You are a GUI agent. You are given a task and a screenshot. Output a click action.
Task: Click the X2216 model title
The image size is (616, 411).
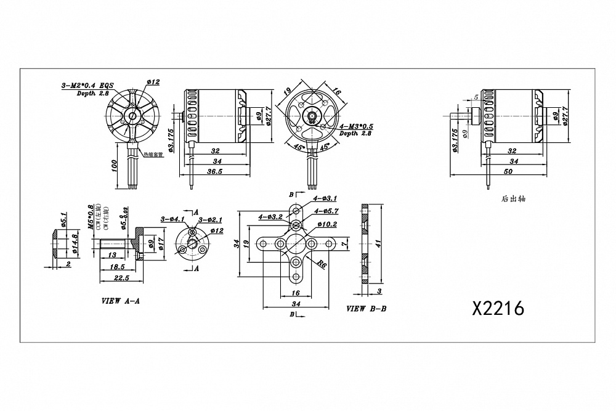pyautogui.click(x=498, y=308)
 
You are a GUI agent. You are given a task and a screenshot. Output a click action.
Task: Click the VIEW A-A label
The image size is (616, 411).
pyautogui.click(x=120, y=303)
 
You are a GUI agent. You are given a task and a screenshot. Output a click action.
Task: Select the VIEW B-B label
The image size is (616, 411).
pyautogui.click(x=367, y=308)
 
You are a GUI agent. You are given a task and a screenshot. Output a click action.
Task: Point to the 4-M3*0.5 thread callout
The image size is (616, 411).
pyautogui.click(x=357, y=126)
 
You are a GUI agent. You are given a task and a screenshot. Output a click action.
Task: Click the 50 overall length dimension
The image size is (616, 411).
pyautogui.click(x=508, y=172)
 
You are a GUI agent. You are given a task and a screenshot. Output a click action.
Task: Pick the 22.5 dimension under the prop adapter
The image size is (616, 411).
pyautogui.click(x=121, y=278)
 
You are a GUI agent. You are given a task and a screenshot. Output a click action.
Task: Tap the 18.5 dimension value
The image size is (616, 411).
pyautogui.click(x=116, y=266)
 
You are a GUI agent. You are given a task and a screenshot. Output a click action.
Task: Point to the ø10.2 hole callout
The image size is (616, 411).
pyautogui.click(x=326, y=224)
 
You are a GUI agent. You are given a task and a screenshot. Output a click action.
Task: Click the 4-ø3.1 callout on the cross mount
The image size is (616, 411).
pyautogui.click(x=325, y=198)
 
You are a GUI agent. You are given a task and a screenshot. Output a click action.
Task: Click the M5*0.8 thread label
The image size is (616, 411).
pyautogui.click(x=91, y=217)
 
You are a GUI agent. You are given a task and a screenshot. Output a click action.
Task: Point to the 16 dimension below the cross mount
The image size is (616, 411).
pyautogui.click(x=296, y=293)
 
